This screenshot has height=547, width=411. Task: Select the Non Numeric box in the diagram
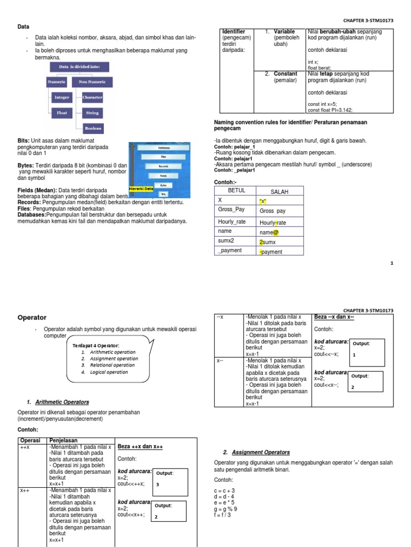(x=90, y=82)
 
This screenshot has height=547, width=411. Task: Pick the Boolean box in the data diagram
(x=93, y=128)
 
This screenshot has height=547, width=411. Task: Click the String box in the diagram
(x=93, y=113)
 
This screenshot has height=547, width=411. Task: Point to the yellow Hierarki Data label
(x=141, y=189)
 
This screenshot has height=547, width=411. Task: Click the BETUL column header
(x=236, y=191)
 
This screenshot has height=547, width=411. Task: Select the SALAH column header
(x=279, y=192)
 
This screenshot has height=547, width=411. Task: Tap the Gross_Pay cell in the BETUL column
(x=231, y=210)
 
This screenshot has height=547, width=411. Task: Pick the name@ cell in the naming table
(x=270, y=232)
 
